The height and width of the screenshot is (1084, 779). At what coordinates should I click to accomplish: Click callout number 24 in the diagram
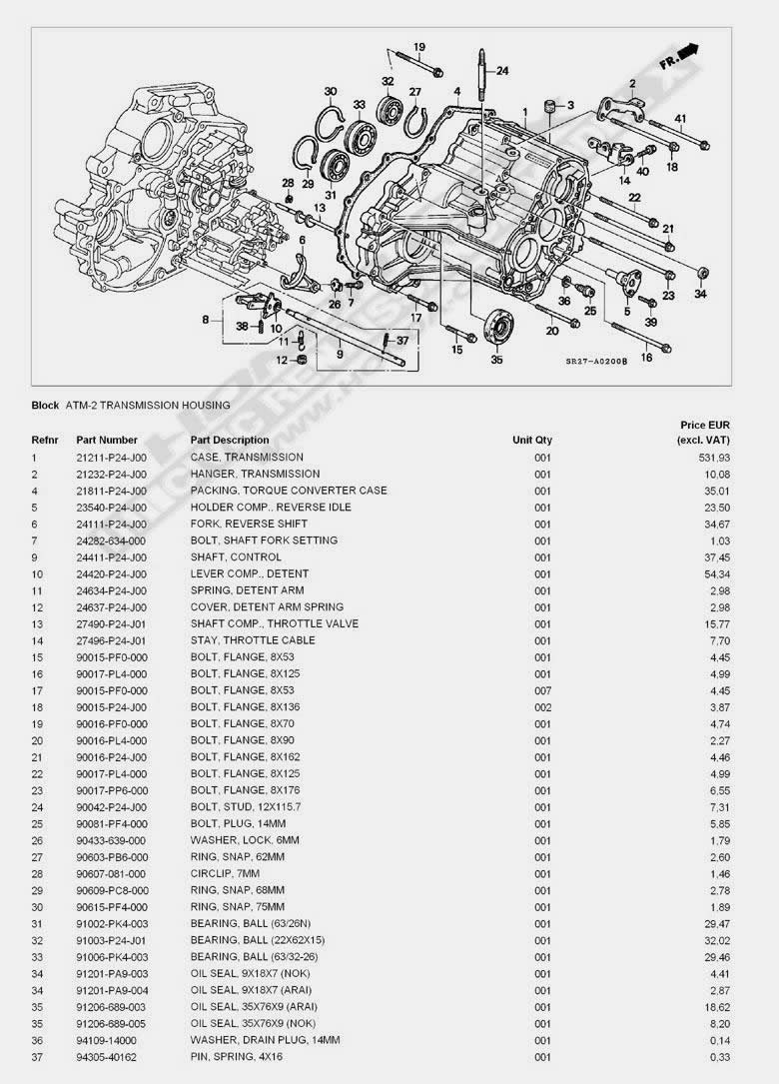(502, 70)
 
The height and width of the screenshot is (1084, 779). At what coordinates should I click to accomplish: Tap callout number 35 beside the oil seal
(496, 361)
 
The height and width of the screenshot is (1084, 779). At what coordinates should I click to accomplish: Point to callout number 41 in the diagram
(680, 120)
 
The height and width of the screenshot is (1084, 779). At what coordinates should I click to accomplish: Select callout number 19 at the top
(419, 47)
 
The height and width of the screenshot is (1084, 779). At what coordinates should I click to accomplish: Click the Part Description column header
(230, 440)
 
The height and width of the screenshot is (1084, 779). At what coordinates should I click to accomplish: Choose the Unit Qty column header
(532, 440)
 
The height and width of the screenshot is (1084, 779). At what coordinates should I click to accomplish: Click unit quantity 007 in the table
(542, 690)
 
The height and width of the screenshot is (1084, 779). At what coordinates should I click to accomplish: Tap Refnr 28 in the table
(37, 874)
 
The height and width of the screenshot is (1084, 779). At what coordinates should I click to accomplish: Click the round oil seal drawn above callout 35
(497, 328)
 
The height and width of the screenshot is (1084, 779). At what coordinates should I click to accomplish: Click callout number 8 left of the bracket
(206, 320)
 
